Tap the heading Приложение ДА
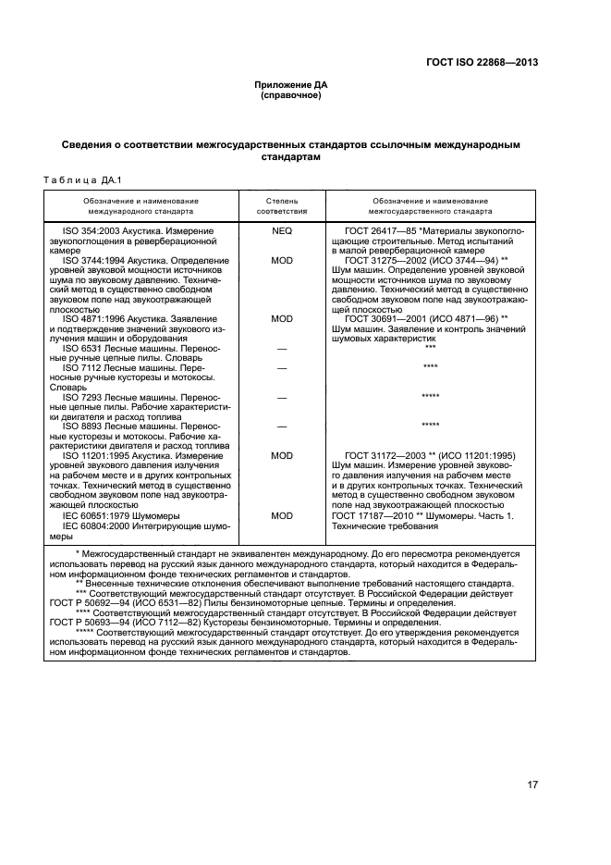click(x=291, y=84)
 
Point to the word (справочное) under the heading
click(x=291, y=94)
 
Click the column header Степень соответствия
click(x=282, y=205)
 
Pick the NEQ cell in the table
click(x=282, y=230)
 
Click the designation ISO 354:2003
click(x=92, y=230)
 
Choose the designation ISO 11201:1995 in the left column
click(x=97, y=455)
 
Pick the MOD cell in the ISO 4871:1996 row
click(x=282, y=318)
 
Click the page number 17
click(x=532, y=785)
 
